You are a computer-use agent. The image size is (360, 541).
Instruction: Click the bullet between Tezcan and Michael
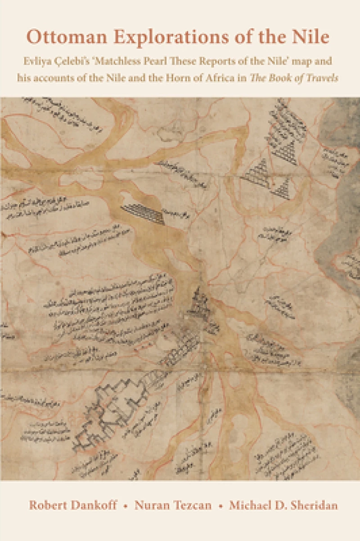220,506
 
